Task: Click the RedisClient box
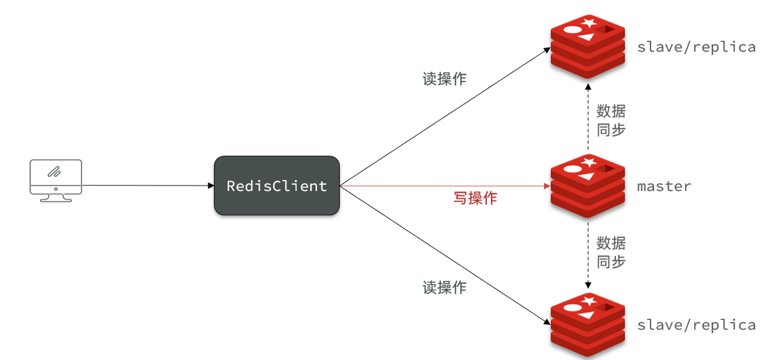point(277,186)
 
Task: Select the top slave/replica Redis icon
point(587,47)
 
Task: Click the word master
point(663,186)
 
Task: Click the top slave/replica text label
point(696,47)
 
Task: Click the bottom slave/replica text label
point(696,325)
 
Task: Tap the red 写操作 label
point(475,198)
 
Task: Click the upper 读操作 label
point(444,79)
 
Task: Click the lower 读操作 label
point(444,287)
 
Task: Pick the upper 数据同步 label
point(611,120)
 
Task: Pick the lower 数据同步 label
point(611,252)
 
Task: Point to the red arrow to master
point(444,186)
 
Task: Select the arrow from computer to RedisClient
point(148,185)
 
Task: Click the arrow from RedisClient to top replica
point(444,117)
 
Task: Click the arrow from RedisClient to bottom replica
point(444,253)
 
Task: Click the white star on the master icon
point(590,163)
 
